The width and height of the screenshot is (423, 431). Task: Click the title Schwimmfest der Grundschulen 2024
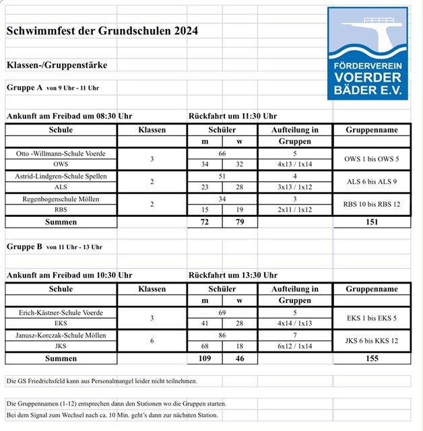(x=102, y=31)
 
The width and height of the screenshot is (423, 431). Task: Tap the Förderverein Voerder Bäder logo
(x=368, y=53)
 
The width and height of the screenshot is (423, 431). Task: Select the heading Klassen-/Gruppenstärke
(x=57, y=65)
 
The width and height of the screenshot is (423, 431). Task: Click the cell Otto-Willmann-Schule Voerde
(x=61, y=154)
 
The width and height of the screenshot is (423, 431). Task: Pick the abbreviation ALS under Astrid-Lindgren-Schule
(x=61, y=187)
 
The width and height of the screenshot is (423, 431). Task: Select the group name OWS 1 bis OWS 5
(x=371, y=159)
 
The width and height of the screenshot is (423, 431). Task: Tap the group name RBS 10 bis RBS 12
(x=371, y=204)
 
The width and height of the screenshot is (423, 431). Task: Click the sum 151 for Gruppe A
(x=371, y=221)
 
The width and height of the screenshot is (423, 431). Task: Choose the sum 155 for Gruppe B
(x=371, y=359)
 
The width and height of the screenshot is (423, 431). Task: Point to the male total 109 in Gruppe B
(x=204, y=359)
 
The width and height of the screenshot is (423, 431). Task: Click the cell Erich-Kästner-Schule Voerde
(x=61, y=313)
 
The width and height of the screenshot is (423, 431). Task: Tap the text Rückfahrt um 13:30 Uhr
(x=234, y=275)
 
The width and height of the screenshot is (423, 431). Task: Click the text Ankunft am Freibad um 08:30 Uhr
(x=69, y=116)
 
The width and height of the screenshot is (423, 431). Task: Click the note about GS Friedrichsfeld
(x=102, y=381)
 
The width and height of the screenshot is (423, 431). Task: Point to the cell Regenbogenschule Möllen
(x=61, y=199)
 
